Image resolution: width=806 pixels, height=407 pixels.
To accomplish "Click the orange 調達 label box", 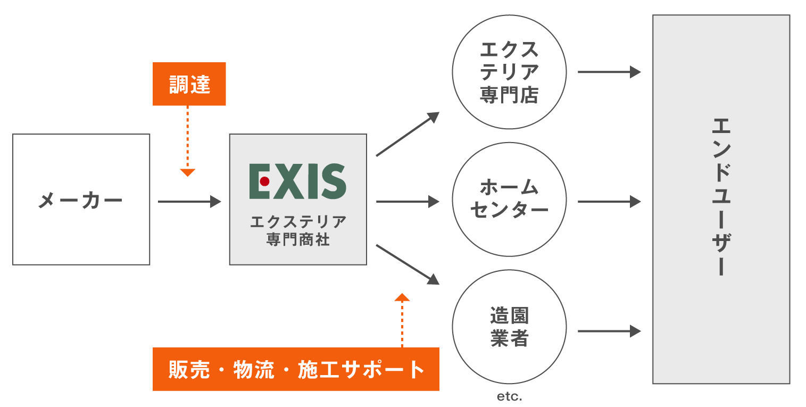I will pos(189,84).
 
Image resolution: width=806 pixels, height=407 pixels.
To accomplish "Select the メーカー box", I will pos(81,200).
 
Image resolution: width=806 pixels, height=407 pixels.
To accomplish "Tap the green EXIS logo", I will pos(298,181).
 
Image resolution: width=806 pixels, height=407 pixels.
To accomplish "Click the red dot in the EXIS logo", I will pos(264,181).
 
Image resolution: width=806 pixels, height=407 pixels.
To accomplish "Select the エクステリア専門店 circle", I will pos(509,72).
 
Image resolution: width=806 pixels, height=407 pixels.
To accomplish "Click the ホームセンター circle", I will pos(509,200).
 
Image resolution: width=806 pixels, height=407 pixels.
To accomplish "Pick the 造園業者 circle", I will pos(509,327).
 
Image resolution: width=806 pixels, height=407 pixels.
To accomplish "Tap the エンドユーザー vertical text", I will pos(721,197).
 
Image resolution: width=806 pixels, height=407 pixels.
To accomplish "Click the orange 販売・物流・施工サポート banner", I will pos(296,369).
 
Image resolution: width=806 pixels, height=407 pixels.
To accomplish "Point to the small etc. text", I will pos(509,397).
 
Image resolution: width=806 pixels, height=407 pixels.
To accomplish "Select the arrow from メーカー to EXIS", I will pos(189,202).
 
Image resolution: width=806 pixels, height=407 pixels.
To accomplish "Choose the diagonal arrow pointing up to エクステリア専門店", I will pos(408,134).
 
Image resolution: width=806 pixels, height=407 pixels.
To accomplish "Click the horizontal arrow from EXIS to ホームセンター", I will pos(408,202).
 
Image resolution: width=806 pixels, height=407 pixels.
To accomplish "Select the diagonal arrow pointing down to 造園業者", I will pos(408,264).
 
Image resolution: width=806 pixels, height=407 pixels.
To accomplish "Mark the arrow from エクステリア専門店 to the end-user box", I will pos(609,72).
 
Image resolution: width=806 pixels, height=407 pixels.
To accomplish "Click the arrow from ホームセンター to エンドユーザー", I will pos(609,202).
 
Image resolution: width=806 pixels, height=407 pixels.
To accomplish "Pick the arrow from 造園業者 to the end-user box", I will pos(609,331).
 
